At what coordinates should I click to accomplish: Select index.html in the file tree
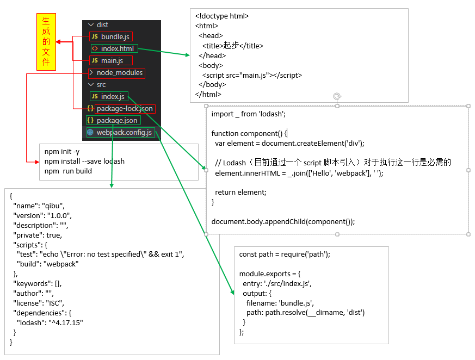(117, 48)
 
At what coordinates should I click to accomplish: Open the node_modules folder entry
(119, 73)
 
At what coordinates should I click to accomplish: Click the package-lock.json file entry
(125, 109)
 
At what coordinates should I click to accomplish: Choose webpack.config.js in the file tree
(124, 132)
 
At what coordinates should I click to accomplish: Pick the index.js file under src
(113, 97)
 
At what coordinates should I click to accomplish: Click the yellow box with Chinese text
(46, 42)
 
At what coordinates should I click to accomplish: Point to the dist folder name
(102, 25)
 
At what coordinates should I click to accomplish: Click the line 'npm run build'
(68, 171)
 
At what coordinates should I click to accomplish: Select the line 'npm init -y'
(62, 151)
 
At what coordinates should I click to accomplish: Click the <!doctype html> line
(222, 16)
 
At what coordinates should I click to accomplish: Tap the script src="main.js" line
(251, 75)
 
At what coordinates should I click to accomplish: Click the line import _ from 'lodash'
(248, 114)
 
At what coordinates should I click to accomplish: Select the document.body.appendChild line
(283, 221)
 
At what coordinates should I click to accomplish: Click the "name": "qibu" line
(39, 206)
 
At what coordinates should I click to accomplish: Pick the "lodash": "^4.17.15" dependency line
(50, 322)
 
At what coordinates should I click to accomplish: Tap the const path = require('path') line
(285, 254)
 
